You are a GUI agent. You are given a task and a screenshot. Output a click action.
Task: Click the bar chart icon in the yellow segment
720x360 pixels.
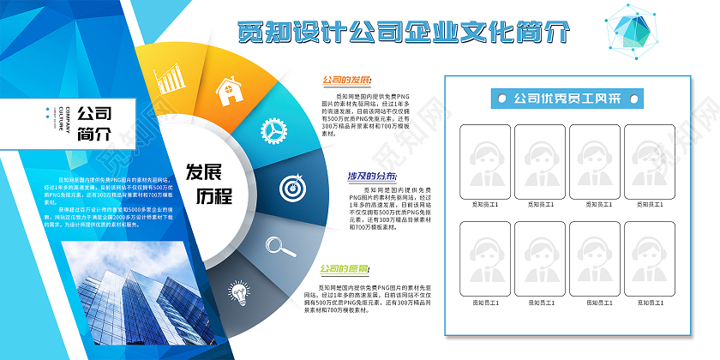pyautogui.click(x=171, y=79)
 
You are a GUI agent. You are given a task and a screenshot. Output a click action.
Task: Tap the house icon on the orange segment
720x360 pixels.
pyautogui.click(x=227, y=90)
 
